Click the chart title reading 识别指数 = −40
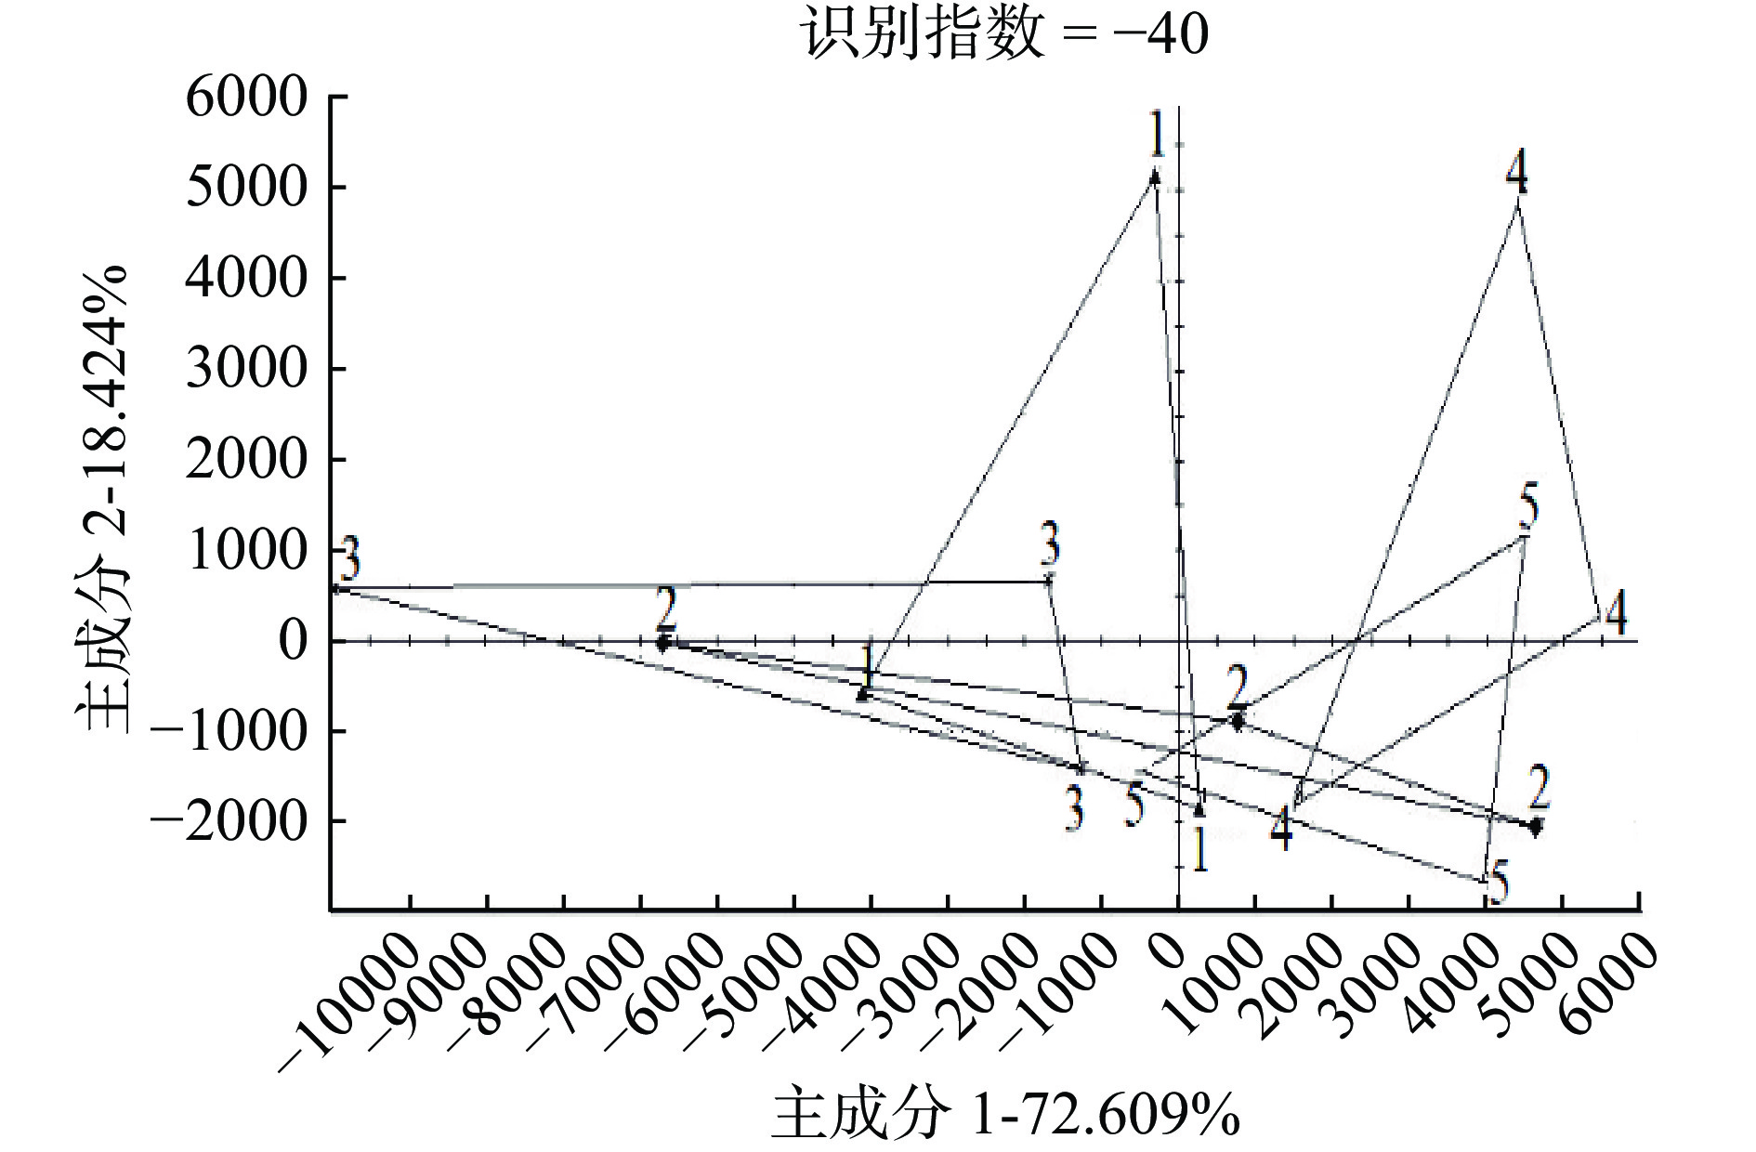click(x=1004, y=34)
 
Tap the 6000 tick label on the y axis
click(x=246, y=98)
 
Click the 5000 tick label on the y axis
click(x=246, y=188)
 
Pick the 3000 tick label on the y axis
click(x=246, y=370)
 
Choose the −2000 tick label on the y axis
click(x=229, y=822)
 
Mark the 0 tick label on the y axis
click(x=293, y=642)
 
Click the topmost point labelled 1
click(x=1155, y=175)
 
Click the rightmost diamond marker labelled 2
click(x=1536, y=824)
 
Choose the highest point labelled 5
click(x=1524, y=536)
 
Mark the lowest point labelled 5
click(x=1484, y=882)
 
